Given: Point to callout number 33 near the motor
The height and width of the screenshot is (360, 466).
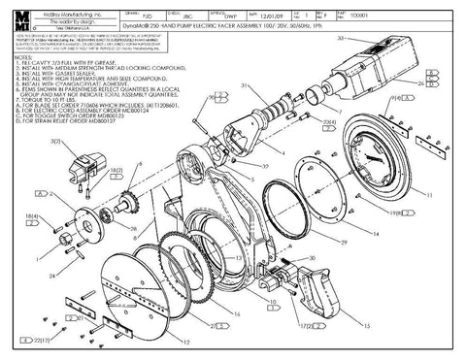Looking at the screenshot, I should click(x=342, y=36).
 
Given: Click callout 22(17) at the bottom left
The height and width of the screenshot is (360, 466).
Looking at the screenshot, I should click(x=41, y=341).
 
